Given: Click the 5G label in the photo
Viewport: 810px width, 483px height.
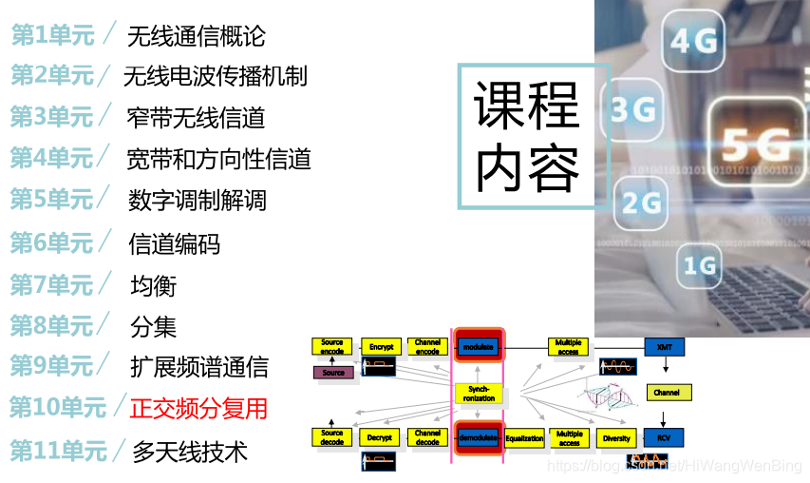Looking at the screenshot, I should pyautogui.click(x=756, y=145).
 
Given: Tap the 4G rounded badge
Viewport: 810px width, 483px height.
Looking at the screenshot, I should pyautogui.click(x=694, y=41).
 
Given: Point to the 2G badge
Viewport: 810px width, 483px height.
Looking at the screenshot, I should pyautogui.click(x=641, y=202).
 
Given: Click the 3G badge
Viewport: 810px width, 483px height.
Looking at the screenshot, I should pyautogui.click(x=634, y=109).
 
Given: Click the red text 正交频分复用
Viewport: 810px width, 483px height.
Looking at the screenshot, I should pyautogui.click(x=198, y=409).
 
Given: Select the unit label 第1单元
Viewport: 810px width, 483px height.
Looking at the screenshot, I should pyautogui.click(x=53, y=36).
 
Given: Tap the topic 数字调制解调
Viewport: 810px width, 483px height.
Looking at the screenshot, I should pyautogui.click(x=197, y=201).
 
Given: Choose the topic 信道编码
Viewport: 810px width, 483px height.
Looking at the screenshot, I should pyautogui.click(x=174, y=244).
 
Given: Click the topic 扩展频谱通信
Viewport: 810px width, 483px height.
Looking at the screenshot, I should pyautogui.click(x=198, y=367).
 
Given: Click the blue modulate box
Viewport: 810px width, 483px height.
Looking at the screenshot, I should pyautogui.click(x=477, y=347).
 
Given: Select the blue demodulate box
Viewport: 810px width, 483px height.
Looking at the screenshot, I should pyautogui.click(x=477, y=438).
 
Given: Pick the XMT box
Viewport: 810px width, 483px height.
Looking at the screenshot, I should pyautogui.click(x=664, y=347).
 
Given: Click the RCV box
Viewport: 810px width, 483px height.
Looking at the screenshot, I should pyautogui.click(x=664, y=438).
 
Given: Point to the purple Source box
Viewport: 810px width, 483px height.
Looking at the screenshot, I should pyautogui.click(x=333, y=373).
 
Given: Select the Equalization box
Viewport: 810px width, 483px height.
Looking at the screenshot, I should pyautogui.click(x=524, y=438).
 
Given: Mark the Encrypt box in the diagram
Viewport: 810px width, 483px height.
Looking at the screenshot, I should pyautogui.click(x=381, y=347).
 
